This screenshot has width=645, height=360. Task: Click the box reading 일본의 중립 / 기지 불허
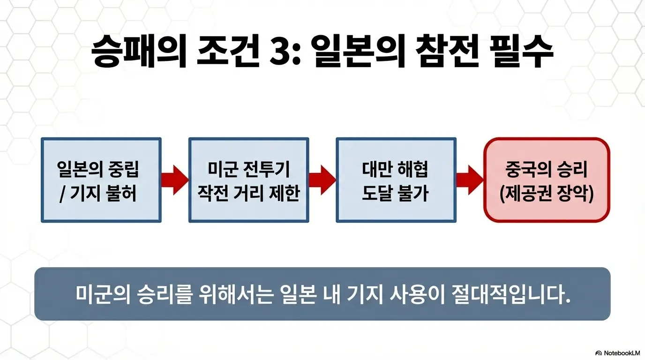coord(101,180)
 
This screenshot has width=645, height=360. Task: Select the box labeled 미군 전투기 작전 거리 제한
coord(248,180)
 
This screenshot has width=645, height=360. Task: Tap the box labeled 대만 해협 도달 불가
coord(396,180)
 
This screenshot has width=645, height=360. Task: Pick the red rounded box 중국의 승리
coord(547,180)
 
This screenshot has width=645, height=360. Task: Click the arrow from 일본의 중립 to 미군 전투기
coord(174,180)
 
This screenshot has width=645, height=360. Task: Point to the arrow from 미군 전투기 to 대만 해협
coord(322,180)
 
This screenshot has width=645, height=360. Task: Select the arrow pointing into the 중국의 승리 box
coord(469,180)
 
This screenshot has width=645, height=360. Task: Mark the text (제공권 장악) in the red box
coord(547,193)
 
